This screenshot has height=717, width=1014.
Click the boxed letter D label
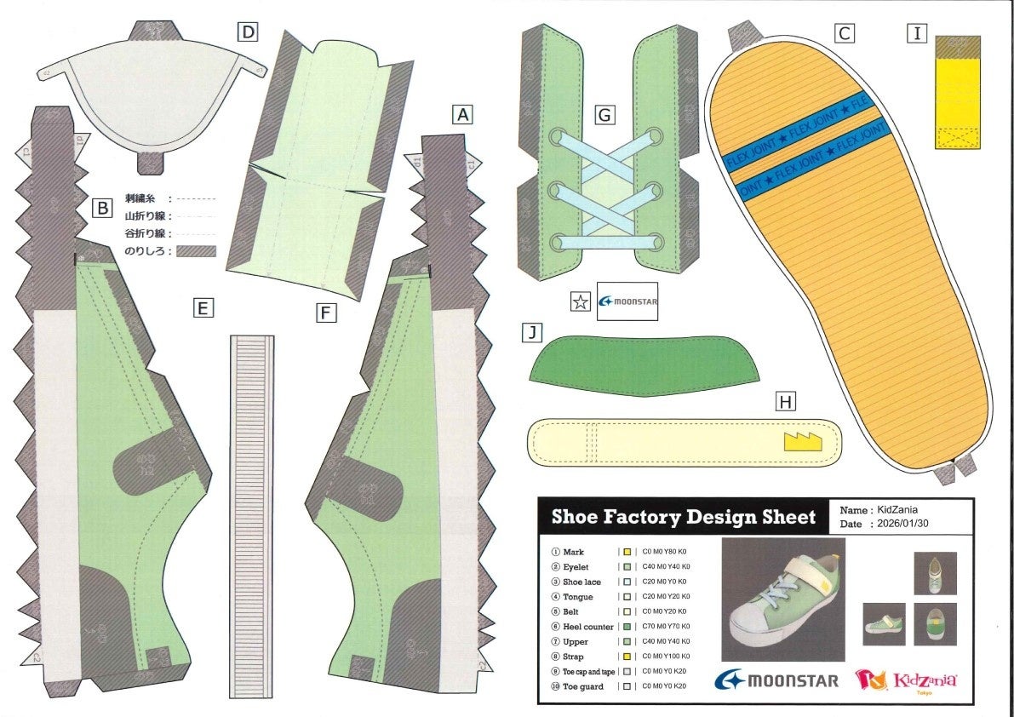(248, 33)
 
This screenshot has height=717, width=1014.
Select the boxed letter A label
(462, 114)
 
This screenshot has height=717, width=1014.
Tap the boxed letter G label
(604, 114)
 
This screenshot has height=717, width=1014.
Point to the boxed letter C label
(844, 33)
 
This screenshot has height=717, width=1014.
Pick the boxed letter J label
(531, 333)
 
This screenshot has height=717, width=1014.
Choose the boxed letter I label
(917, 33)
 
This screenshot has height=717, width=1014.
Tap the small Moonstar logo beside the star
(628, 301)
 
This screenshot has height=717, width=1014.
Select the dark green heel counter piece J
(643, 364)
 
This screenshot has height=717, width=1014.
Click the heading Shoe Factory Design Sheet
(683, 517)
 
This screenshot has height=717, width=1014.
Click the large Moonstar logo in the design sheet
(776, 680)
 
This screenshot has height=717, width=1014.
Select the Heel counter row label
(588, 627)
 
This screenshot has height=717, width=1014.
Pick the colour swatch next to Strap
(627, 657)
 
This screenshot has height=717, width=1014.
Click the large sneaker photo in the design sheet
(782, 599)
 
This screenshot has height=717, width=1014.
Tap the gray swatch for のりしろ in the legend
(195, 251)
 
